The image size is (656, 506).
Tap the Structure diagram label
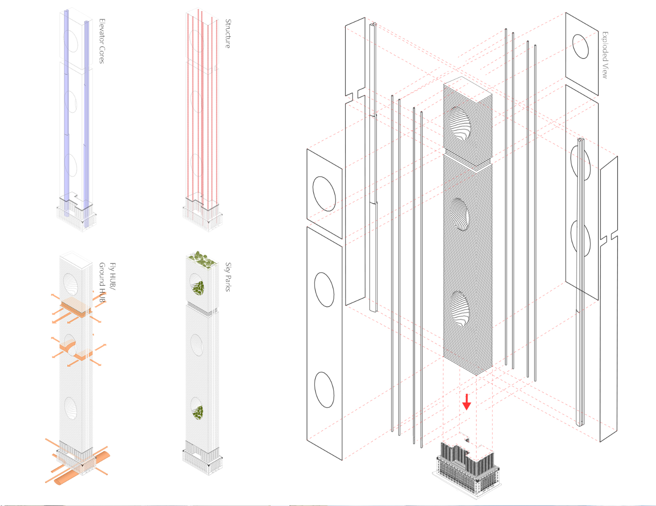(x=228, y=33)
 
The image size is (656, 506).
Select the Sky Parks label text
(x=228, y=277)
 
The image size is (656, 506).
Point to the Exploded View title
(x=605, y=55)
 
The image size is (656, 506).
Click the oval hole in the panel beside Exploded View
(x=580, y=46)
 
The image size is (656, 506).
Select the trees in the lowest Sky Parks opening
(x=198, y=412)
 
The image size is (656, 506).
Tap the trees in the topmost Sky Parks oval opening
(x=198, y=287)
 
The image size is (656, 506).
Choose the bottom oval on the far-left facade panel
(x=324, y=390)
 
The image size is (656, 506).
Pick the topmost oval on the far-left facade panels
(x=324, y=194)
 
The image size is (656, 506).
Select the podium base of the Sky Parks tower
(x=202, y=457)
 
